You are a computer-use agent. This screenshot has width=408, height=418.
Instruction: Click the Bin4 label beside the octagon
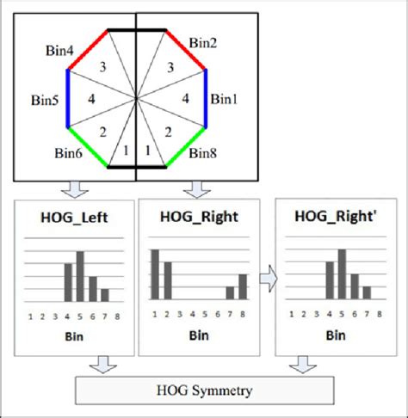point(59,51)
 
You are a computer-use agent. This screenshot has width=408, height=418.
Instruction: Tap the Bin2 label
point(203,43)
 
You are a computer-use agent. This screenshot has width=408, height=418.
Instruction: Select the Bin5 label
point(45,100)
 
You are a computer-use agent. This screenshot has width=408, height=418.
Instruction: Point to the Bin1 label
point(224,99)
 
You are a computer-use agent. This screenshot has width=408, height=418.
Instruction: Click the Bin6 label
point(68,153)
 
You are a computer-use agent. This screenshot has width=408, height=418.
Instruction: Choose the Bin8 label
point(202,153)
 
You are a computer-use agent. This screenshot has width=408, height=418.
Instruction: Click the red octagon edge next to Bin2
point(185,49)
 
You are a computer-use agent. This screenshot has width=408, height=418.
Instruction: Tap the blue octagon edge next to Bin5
point(68,98)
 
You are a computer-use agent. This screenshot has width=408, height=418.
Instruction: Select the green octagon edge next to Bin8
point(185,147)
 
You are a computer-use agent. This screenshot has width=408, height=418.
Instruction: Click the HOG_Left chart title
point(74,218)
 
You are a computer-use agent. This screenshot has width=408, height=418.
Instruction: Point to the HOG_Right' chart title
point(336,216)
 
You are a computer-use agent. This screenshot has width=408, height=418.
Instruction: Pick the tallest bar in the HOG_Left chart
point(80,276)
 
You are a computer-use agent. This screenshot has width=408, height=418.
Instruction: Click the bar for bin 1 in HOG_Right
point(155,274)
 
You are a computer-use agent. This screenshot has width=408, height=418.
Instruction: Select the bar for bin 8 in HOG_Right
point(243,286)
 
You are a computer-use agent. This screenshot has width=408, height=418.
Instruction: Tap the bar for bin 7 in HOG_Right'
point(367,292)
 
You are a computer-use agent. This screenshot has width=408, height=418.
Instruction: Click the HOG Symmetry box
point(205,390)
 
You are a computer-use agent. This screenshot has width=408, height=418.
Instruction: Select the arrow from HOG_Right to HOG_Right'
point(269,279)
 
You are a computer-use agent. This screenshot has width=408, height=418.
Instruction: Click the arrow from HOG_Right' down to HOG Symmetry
point(303,365)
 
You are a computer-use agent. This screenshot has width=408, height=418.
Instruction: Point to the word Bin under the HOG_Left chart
point(74,336)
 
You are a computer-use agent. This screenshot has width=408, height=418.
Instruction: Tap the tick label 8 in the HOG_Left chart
point(117,317)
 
